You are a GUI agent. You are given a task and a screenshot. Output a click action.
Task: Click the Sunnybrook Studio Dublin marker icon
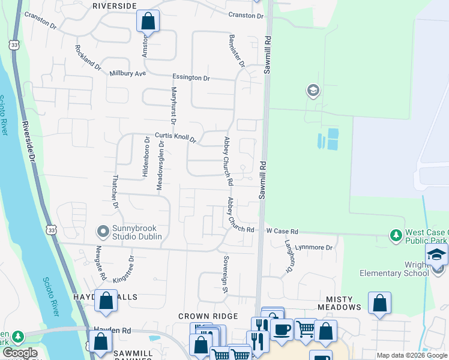(103, 230)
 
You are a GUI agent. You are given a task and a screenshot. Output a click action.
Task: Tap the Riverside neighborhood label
(115, 5)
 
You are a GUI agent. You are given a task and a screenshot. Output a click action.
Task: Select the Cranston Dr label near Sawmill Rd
(246, 16)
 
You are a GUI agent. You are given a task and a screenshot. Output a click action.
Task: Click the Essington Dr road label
(191, 78)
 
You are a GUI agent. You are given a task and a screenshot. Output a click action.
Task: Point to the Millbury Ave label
(128, 74)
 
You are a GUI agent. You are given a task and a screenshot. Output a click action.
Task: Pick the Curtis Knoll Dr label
(175, 137)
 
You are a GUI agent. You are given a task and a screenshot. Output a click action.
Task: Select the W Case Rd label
(282, 231)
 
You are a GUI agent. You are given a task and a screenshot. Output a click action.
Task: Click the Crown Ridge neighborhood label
(208, 316)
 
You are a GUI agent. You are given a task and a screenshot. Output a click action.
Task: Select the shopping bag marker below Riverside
(148, 22)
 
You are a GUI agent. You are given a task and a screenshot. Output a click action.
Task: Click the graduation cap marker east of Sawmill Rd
(312, 91)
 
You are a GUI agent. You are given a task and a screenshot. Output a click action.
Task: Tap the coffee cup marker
(281, 329)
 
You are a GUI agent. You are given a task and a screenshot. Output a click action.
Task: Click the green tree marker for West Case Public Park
(396, 235)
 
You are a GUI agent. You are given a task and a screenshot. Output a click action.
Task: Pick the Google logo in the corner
(20, 353)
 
